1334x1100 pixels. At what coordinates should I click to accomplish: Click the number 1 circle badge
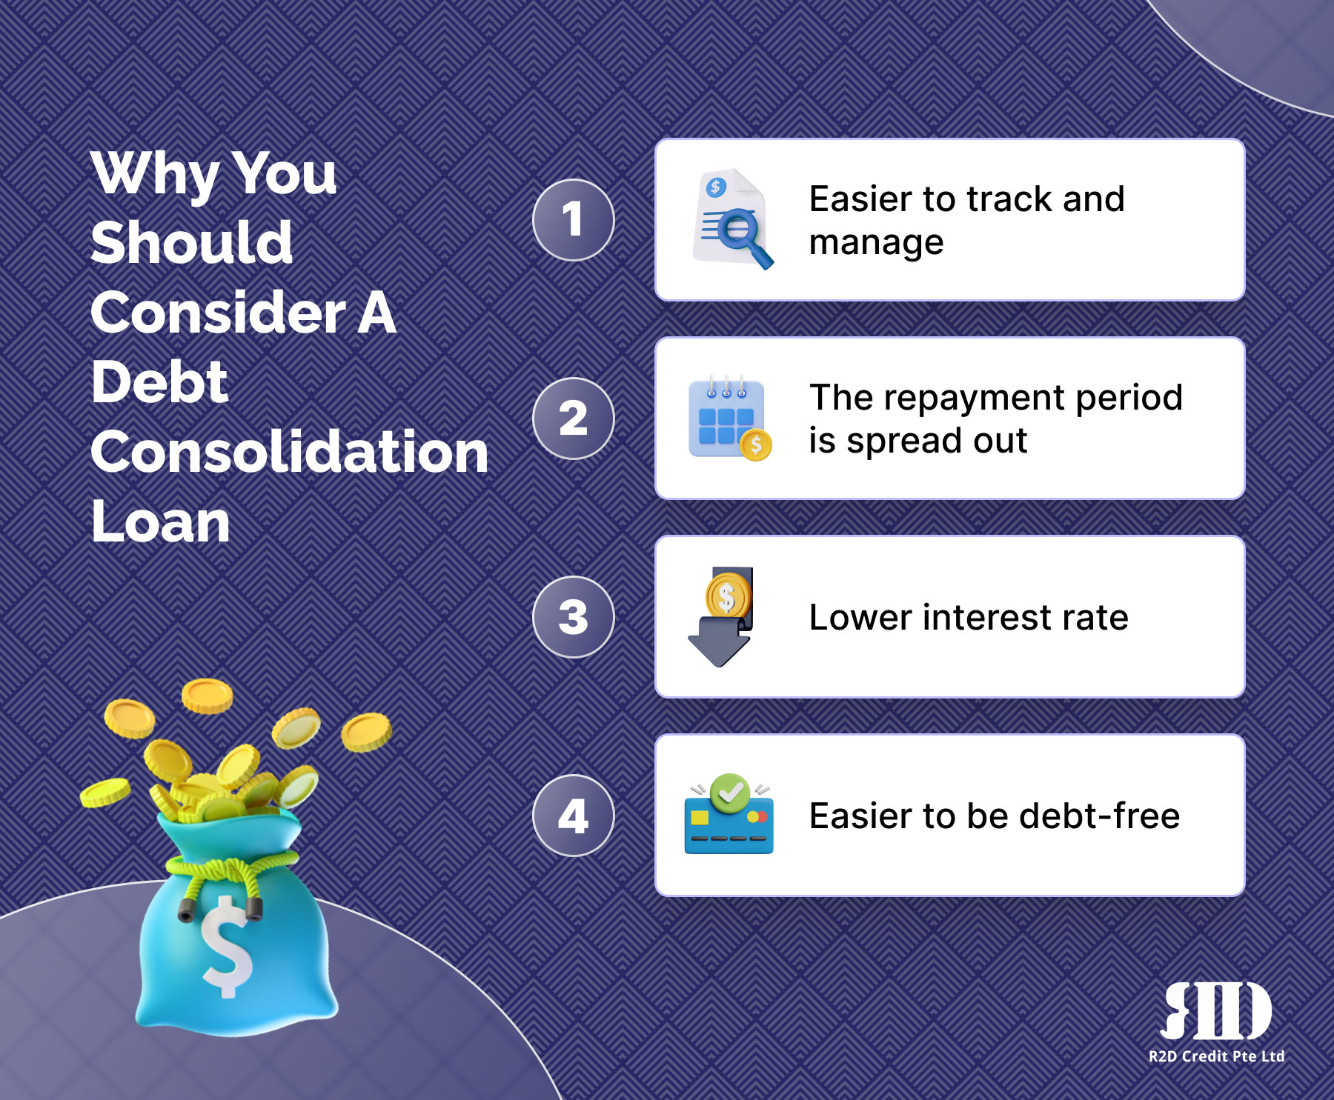[x=574, y=220]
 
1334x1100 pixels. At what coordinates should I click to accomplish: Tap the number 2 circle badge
[x=574, y=419]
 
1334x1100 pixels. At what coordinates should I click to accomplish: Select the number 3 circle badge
[x=574, y=617]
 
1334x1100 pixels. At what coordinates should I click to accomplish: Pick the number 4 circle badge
[x=574, y=816]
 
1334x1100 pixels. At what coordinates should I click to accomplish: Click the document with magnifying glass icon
[x=732, y=219]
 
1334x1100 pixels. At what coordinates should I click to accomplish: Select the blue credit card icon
[x=729, y=815]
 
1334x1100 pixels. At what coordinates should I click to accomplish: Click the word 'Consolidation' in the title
[x=290, y=452]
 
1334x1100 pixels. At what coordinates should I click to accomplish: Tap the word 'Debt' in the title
[x=159, y=382]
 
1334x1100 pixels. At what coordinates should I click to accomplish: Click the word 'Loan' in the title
[x=161, y=521]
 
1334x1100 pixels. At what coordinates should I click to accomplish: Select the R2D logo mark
[x=1216, y=1011]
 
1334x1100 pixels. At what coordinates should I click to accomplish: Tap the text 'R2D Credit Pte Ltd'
[x=1216, y=1056]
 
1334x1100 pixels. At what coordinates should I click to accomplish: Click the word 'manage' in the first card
[x=876, y=242]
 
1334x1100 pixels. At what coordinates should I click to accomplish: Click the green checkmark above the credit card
[x=730, y=793]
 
